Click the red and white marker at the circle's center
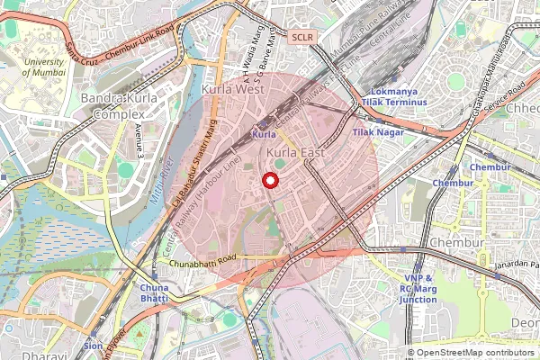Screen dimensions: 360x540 tap(269, 181)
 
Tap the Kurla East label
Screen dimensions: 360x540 tap(295, 156)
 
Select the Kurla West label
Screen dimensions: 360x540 tap(232, 90)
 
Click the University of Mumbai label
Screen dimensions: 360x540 tap(43, 68)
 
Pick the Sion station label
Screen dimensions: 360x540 tap(93, 346)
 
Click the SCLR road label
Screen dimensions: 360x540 tap(302, 37)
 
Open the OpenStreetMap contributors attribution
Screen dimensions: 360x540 tap(476, 353)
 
